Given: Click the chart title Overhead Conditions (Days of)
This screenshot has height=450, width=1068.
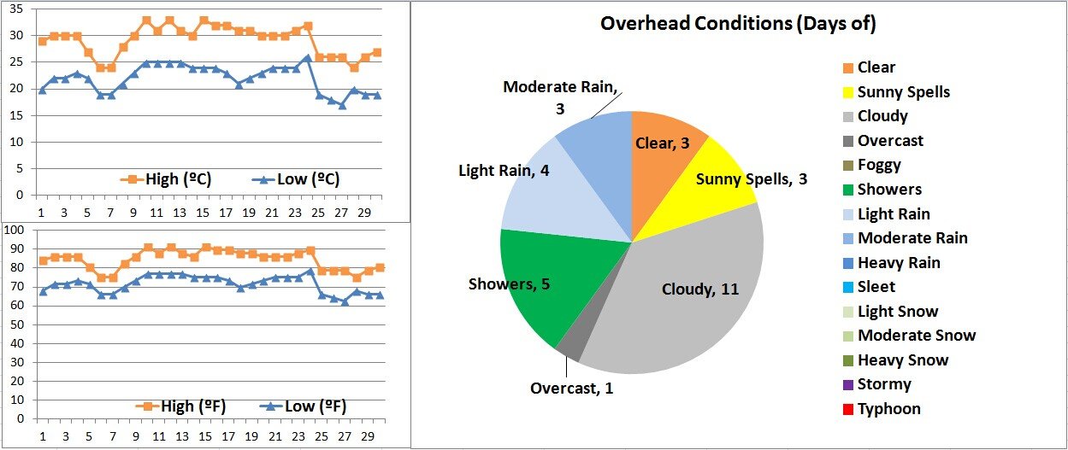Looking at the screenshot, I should pyautogui.click(x=738, y=24).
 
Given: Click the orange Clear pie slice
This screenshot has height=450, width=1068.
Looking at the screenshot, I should pyautogui.click(x=663, y=141).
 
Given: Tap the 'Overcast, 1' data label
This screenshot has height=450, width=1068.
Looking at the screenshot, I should pyautogui.click(x=572, y=389).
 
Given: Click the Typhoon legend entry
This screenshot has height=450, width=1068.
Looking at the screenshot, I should pyautogui.click(x=888, y=409).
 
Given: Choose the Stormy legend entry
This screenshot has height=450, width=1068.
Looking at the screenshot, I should pyautogui.click(x=883, y=384).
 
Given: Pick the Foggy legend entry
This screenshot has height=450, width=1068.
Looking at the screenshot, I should pyautogui.click(x=879, y=165).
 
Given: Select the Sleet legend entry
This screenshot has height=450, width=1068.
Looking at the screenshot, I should pyautogui.click(x=877, y=287).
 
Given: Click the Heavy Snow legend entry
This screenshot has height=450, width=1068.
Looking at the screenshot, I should pyautogui.click(x=902, y=360).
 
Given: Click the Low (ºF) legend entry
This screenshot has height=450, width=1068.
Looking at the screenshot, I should pyautogui.click(x=299, y=406).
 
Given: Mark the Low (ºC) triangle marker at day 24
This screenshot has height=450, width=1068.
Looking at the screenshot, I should pyautogui.click(x=306, y=58).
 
